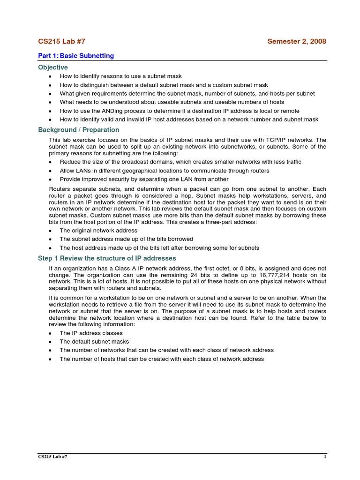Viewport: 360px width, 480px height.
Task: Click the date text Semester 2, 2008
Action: pos(296,41)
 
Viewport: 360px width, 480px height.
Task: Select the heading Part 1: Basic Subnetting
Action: pos(76,56)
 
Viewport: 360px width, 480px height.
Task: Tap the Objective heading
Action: pos(53,67)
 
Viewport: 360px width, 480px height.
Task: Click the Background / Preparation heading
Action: pos(79,130)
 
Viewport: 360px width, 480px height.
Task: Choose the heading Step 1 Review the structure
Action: pos(107,258)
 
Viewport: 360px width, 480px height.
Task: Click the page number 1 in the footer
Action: pos(324,457)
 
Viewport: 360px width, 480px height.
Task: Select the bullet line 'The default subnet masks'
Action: pos(94,342)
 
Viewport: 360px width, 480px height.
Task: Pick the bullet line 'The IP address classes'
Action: pos(91,333)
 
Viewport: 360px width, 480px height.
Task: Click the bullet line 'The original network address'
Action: pos(98,231)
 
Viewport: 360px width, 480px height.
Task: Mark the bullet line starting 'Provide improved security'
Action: pos(144,179)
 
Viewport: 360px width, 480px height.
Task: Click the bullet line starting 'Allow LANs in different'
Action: pos(164,171)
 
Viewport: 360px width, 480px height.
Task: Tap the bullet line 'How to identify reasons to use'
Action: pos(120,76)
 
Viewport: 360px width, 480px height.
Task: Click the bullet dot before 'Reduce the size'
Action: pos(50,162)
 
